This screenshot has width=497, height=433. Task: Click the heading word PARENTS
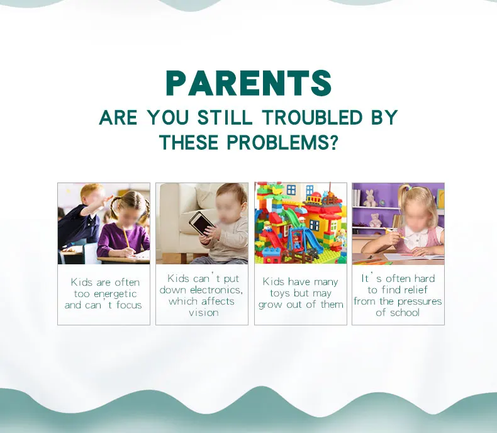pyautogui.click(x=248, y=83)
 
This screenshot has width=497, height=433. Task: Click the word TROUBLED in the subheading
pyautogui.click(x=312, y=117)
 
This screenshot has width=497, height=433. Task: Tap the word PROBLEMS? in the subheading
pyautogui.click(x=282, y=142)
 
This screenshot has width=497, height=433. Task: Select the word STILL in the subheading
pyautogui.click(x=225, y=117)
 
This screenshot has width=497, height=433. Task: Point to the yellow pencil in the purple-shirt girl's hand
pyautogui.click(x=126, y=239)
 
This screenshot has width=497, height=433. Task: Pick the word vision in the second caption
pyautogui.click(x=203, y=313)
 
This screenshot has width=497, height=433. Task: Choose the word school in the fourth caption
pyautogui.click(x=404, y=313)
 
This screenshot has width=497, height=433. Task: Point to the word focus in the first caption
pyautogui.click(x=129, y=305)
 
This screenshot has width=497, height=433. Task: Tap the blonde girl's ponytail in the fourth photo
pyautogui.click(x=401, y=196)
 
